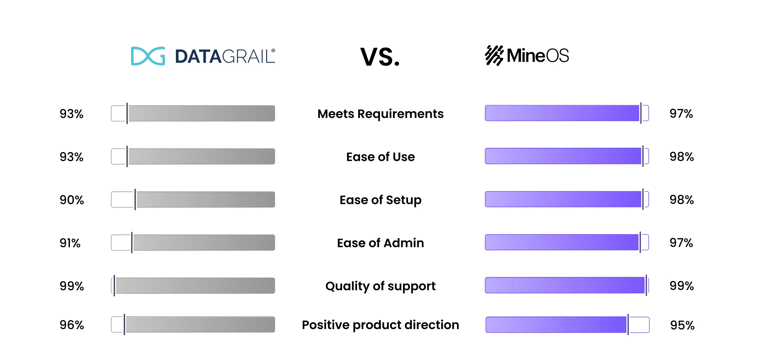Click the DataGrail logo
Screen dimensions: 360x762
click(x=203, y=56)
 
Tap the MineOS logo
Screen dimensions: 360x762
click(x=527, y=56)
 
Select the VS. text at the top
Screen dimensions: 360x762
click(x=380, y=57)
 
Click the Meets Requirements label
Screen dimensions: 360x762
click(x=380, y=114)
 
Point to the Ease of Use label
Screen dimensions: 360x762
click(x=380, y=157)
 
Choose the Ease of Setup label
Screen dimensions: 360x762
click(x=380, y=200)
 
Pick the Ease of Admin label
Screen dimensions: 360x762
click(x=380, y=243)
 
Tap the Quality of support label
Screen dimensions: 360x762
click(x=380, y=286)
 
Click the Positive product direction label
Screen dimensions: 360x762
click(x=380, y=325)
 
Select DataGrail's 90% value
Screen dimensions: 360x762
click(x=72, y=200)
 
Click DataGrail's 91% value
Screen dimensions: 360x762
click(x=70, y=243)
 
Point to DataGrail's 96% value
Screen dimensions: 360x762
click(x=72, y=325)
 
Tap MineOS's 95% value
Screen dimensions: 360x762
click(x=682, y=325)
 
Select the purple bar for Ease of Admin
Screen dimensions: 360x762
click(x=562, y=242)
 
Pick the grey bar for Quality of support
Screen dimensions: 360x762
click(x=195, y=286)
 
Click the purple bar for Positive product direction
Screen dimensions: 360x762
click(x=556, y=325)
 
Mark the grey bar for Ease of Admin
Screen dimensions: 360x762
click(x=203, y=243)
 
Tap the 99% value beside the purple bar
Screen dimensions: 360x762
click(x=682, y=286)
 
